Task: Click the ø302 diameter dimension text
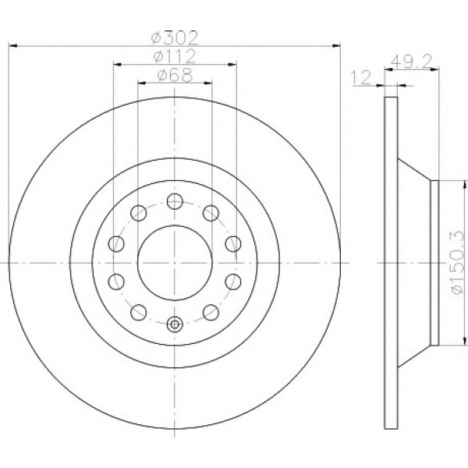175,38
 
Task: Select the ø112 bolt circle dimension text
175,56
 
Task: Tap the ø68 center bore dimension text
175,75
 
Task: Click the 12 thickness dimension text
361,78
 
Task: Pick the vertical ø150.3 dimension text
458,262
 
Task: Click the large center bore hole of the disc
175,263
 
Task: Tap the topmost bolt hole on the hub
175,201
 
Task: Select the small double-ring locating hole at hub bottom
175,324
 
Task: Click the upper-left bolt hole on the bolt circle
139,213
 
